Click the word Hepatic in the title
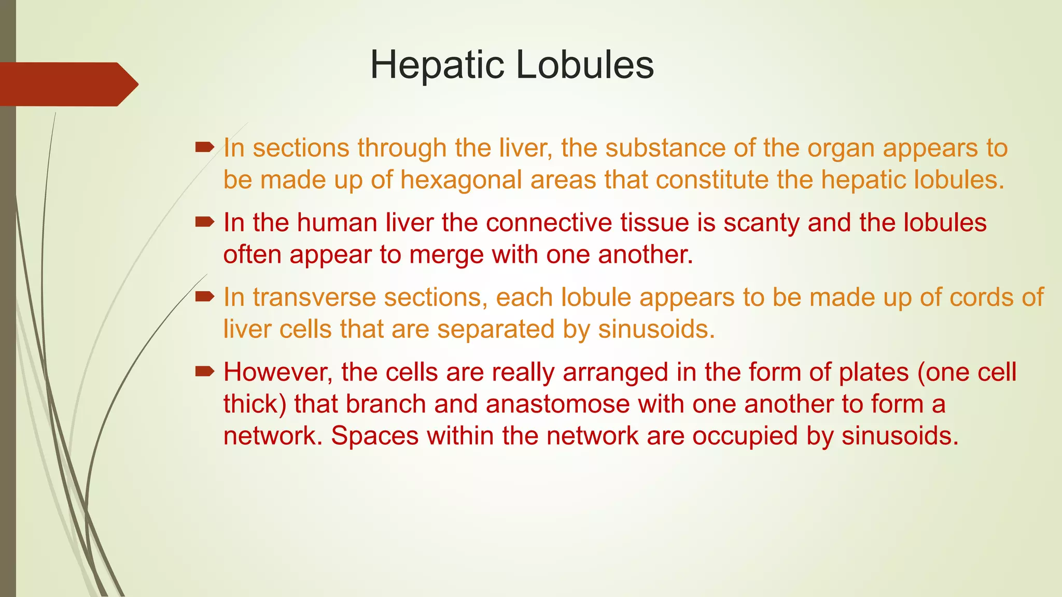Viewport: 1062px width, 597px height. click(x=437, y=65)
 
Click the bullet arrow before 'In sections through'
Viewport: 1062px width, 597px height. click(x=205, y=148)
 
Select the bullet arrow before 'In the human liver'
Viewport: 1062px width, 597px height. click(x=205, y=222)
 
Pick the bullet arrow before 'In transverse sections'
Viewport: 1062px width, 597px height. click(x=205, y=297)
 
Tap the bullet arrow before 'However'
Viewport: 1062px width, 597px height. click(x=205, y=372)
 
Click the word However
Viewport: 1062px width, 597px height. click(x=278, y=373)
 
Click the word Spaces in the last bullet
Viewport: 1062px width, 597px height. click(x=374, y=436)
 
